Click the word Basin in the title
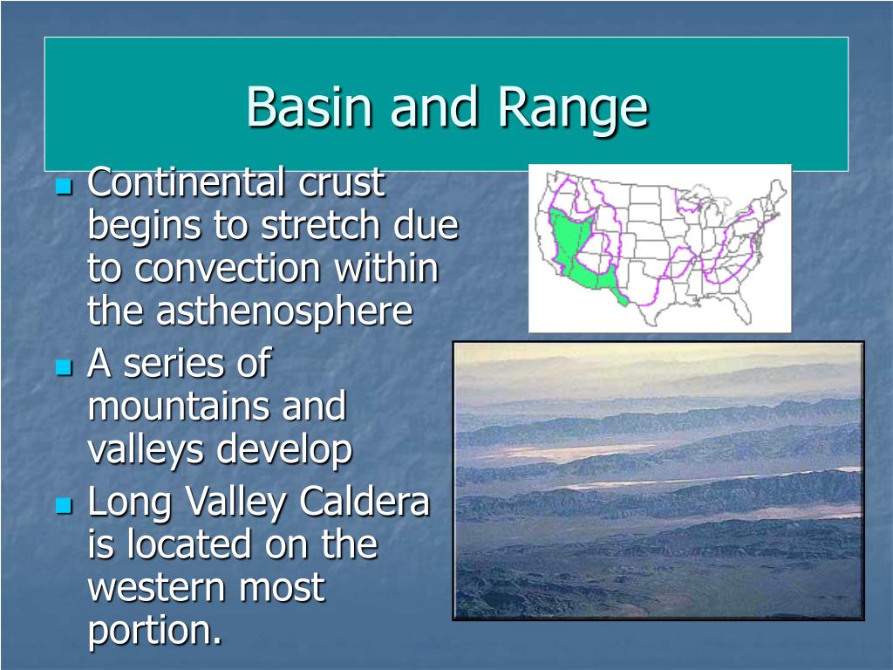pyautogui.click(x=309, y=106)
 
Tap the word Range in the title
pyautogui.click(x=574, y=108)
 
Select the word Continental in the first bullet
pyautogui.click(x=186, y=181)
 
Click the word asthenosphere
pyautogui.click(x=250, y=311)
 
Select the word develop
pyautogui.click(x=284, y=450)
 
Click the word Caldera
pyautogui.click(x=364, y=501)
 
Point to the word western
pyautogui.click(x=157, y=588)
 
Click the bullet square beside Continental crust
pyautogui.click(x=65, y=187)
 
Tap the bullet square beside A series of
pyautogui.click(x=65, y=367)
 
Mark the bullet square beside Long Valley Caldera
pyautogui.click(x=65, y=505)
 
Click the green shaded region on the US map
pyautogui.click(x=569, y=245)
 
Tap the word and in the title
pyautogui.click(x=434, y=106)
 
